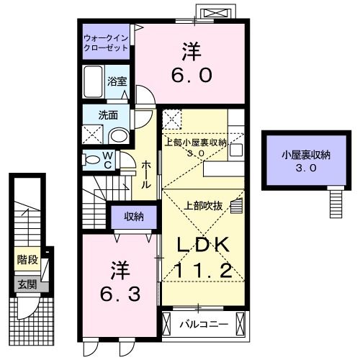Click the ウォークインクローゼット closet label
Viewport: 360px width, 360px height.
[106, 41]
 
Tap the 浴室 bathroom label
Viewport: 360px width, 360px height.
[117, 81]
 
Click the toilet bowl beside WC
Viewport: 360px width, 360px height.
[93, 159]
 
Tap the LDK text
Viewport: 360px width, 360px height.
[204, 246]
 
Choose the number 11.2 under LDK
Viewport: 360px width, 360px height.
[204, 271]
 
